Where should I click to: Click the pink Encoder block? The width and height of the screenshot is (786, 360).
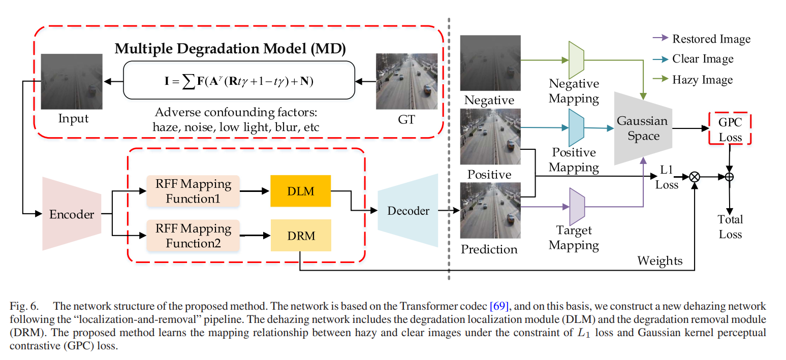pyautogui.click(x=71, y=214)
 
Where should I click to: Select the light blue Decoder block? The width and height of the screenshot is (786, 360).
pyautogui.click(x=408, y=211)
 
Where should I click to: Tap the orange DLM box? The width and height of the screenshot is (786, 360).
pyautogui.click(x=300, y=191)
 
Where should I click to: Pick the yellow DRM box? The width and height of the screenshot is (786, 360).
pyautogui.click(x=300, y=235)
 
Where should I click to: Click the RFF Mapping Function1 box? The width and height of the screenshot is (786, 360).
pyautogui.click(x=193, y=191)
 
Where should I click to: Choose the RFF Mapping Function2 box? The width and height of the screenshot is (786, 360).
pyautogui.click(x=193, y=235)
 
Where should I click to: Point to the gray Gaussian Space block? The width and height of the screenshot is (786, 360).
pyautogui.click(x=643, y=128)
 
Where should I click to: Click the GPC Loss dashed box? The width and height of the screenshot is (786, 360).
pyautogui.click(x=730, y=129)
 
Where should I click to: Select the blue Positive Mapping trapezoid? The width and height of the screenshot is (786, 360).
pyautogui.click(x=575, y=128)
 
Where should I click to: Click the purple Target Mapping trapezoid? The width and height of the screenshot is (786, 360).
pyautogui.click(x=576, y=207)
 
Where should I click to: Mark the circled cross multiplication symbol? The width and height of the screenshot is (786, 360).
pyautogui.click(x=694, y=177)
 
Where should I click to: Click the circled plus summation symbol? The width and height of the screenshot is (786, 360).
pyautogui.click(x=730, y=177)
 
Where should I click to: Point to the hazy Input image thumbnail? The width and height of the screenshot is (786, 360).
pyautogui.click(x=72, y=81)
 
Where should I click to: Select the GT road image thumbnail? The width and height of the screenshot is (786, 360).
pyautogui.click(x=406, y=81)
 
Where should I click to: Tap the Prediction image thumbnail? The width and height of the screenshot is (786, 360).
pyautogui.click(x=490, y=210)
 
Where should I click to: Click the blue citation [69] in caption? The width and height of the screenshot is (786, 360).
pyautogui.click(x=499, y=306)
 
